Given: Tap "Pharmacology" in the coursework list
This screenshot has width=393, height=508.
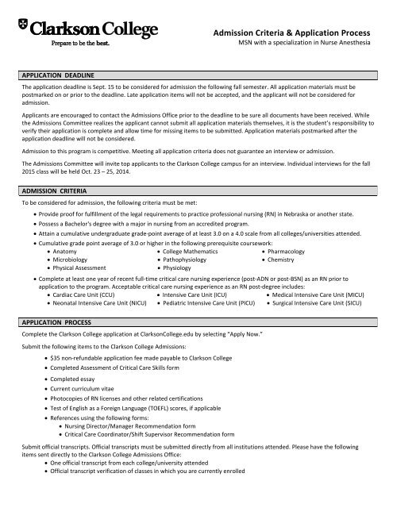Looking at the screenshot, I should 297,252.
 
